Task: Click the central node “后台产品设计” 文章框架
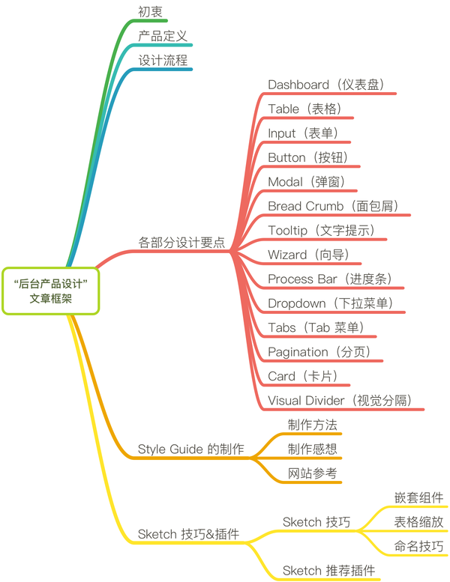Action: tap(51, 291)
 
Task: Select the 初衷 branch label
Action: tap(151, 12)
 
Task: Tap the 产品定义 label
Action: tap(163, 36)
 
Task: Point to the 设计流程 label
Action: tap(163, 61)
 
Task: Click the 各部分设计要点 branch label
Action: tap(181, 242)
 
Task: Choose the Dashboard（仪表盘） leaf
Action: tap(326, 85)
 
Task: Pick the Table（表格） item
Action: tap(305, 109)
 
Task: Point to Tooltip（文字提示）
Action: tap(322, 230)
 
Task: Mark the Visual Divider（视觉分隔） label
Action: tap(340, 400)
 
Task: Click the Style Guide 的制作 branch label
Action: tap(190, 449)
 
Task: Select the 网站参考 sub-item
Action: tap(313, 473)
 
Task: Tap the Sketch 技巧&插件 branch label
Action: tap(188, 534)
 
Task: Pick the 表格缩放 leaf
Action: tap(418, 522)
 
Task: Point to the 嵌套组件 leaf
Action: tap(418, 497)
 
